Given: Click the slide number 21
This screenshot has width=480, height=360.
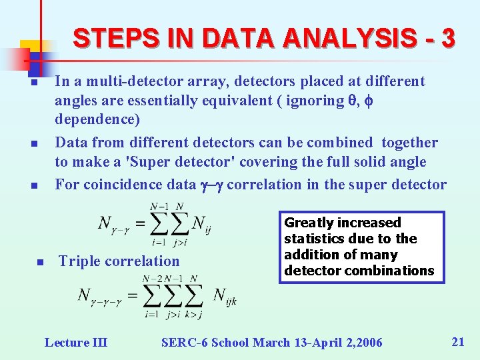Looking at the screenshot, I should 458,342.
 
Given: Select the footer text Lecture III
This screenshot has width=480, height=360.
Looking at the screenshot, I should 75,343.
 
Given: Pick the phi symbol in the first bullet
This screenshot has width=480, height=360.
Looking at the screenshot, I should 369,101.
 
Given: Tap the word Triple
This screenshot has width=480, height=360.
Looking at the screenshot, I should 79,261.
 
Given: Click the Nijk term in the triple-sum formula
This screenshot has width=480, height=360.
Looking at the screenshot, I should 225,295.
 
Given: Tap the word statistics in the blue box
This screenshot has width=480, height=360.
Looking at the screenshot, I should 314,239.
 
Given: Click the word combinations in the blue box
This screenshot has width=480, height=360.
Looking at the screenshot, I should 397,271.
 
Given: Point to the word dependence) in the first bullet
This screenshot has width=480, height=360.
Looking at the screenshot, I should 97,120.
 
